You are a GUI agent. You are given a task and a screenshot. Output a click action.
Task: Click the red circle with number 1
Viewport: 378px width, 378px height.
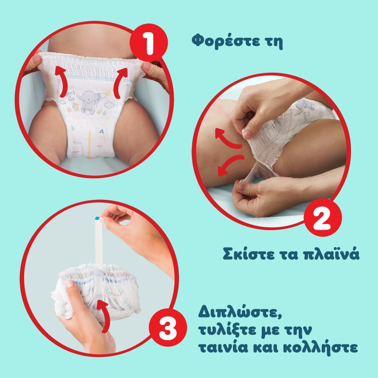(148, 43)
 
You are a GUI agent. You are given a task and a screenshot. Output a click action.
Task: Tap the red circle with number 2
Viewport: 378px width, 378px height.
(323, 217)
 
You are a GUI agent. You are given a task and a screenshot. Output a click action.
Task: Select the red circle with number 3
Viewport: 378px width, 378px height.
(168, 327)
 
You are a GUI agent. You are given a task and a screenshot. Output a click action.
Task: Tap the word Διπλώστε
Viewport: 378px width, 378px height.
(240, 312)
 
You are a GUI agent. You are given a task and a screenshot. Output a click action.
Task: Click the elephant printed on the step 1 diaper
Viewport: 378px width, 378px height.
(90, 102)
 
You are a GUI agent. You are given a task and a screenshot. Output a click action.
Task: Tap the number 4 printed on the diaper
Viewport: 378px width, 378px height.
(102, 131)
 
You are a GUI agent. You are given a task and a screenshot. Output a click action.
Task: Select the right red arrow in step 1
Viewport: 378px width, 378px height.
(120, 82)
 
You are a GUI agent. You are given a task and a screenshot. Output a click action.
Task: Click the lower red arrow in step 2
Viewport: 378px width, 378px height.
(230, 164)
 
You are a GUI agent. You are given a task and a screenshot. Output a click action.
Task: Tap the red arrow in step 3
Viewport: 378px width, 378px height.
(103, 315)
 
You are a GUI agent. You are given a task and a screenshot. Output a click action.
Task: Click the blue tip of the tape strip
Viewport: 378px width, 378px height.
(97, 218)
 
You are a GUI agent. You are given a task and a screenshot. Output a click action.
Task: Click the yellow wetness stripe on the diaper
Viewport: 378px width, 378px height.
(89, 144)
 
